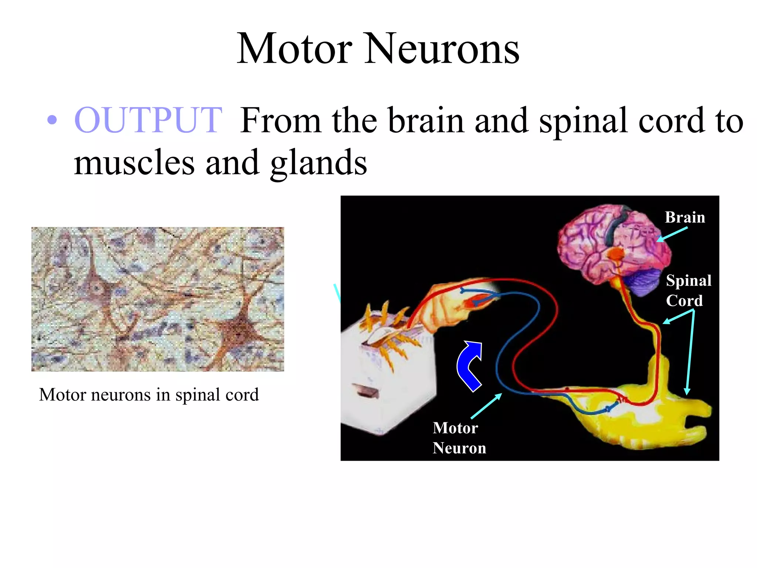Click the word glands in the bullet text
click(319, 163)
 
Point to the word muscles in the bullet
click(134, 163)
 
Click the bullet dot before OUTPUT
click(52, 120)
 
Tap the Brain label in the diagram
click(685, 217)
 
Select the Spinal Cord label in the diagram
click(688, 290)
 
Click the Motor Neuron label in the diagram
click(459, 438)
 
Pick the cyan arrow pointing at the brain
click(672, 234)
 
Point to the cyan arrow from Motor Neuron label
click(486, 406)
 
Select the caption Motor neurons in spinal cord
click(149, 395)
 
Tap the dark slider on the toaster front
click(366, 391)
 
